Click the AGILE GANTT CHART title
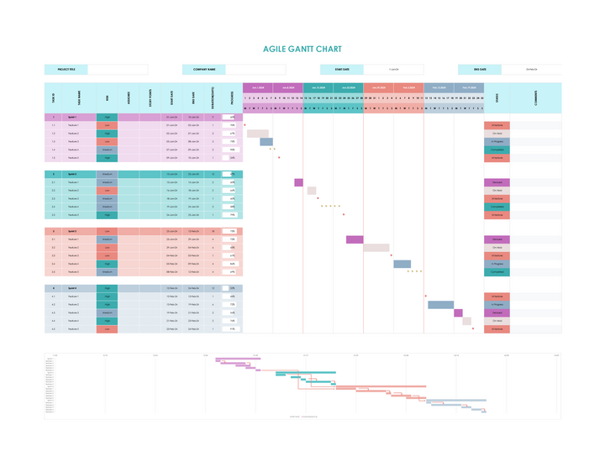[x=302, y=50]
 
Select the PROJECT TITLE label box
[x=66, y=70]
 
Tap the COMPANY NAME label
[x=204, y=70]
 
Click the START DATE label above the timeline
[x=342, y=70]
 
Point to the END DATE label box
[x=480, y=70]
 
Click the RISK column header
[x=107, y=97]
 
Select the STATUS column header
[x=497, y=97]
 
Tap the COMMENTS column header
[x=535, y=97]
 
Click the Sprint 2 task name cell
[x=73, y=174]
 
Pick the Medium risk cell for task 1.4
[x=107, y=150]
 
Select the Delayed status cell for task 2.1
[x=497, y=182]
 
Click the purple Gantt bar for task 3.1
[x=354, y=239]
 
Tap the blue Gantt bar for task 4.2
[x=440, y=305]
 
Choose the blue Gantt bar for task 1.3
[x=266, y=142]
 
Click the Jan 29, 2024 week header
[x=379, y=87]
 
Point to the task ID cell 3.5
[x=53, y=272]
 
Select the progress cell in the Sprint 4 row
[x=230, y=288]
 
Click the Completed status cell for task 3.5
[x=497, y=272]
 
